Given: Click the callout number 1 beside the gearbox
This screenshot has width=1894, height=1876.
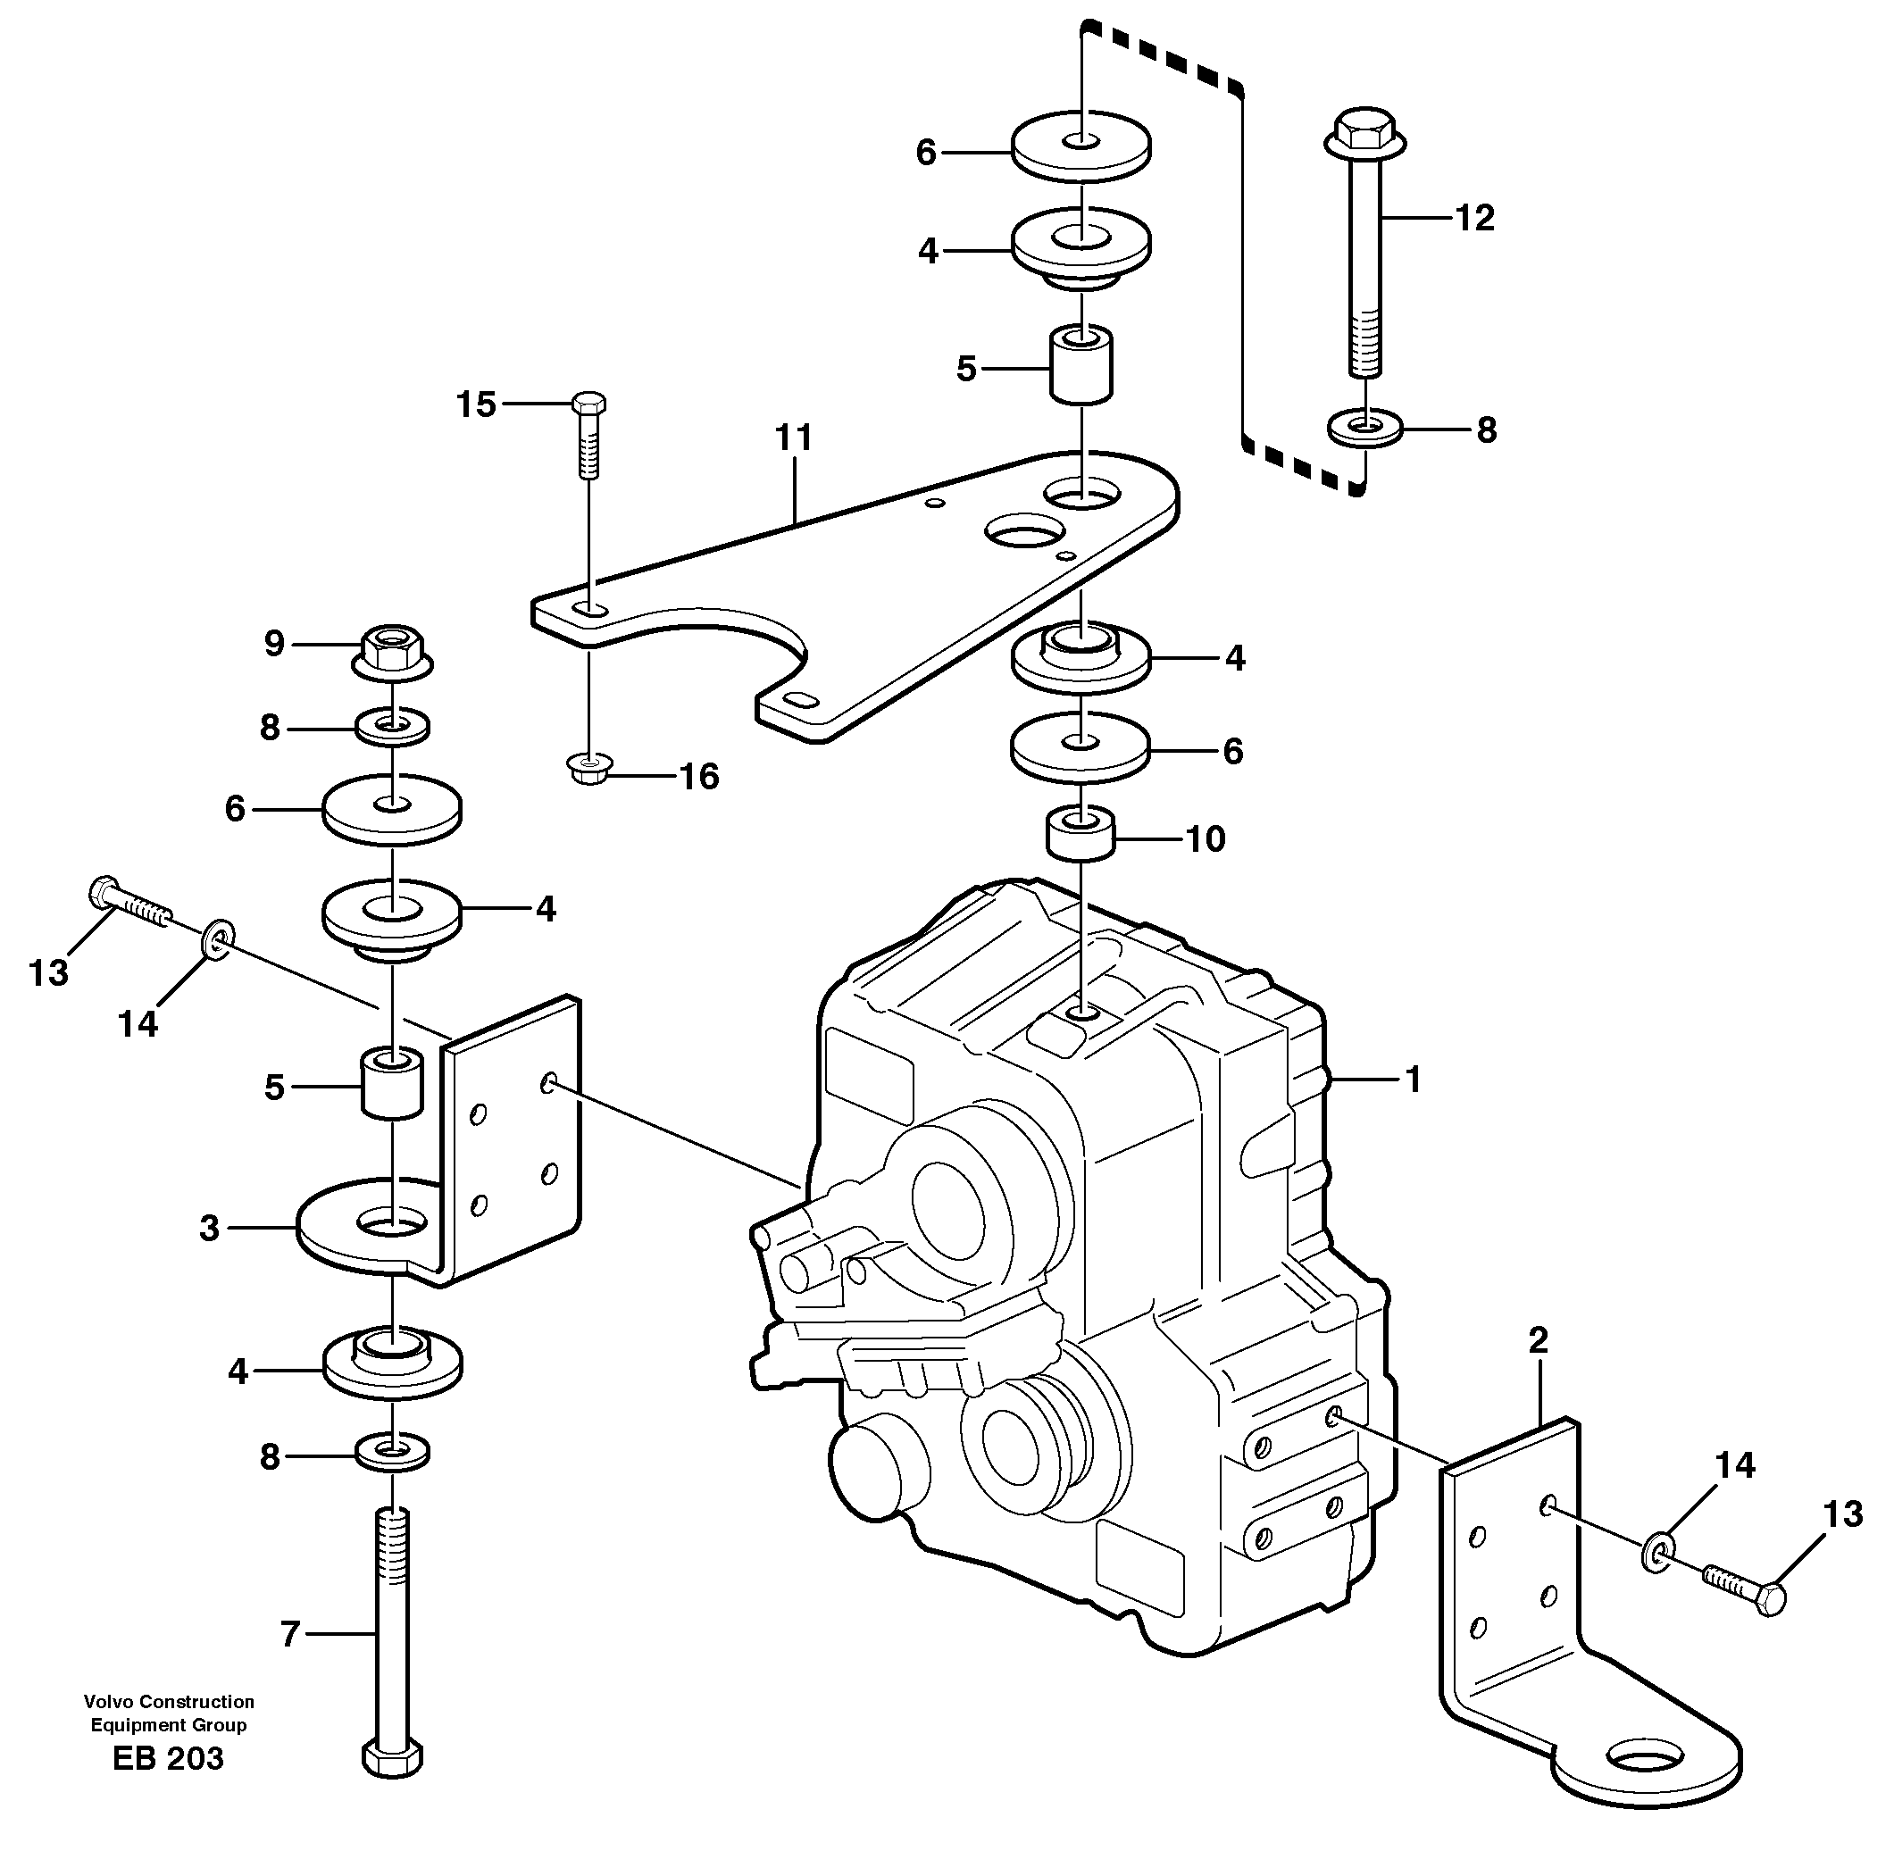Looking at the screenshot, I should pos(1413,1080).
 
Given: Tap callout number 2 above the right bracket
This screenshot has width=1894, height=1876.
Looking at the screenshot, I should pos(1538,1340).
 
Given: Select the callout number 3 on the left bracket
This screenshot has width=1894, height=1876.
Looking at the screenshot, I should pos(209,1227).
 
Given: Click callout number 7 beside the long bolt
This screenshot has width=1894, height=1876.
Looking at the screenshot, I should pos(289,1634).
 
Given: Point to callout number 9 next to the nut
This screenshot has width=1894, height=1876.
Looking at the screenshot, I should pos(274,644).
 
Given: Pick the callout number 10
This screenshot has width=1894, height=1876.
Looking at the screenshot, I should pos(1206,839).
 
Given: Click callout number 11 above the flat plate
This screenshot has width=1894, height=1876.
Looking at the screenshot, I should pos(794,438).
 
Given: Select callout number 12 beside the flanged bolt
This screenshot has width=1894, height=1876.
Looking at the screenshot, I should pos(1474,218).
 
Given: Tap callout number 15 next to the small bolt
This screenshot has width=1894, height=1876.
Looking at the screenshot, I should pos(477,404).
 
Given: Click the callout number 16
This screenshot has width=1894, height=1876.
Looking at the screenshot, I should pos(699,777).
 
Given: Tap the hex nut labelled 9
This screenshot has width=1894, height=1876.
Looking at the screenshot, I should pos(392,649).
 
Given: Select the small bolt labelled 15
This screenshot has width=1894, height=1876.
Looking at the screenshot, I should pos(588,431).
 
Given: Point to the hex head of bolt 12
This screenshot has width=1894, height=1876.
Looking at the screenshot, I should pos(1364,129).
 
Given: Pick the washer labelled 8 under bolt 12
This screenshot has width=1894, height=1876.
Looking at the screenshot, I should pos(1364,429).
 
